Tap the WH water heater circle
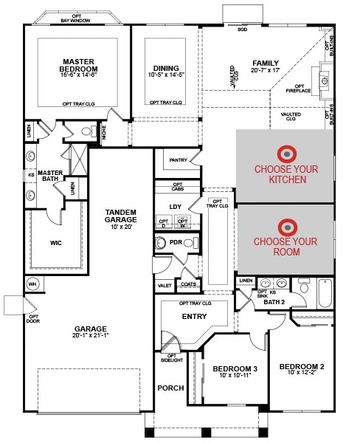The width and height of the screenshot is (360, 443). tap(32, 284)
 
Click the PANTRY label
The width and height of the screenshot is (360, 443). tap(178, 159)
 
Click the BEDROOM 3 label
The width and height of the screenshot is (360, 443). tap(235, 369)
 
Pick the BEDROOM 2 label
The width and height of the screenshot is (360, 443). tap(302, 366)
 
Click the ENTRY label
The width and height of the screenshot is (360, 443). tap(194, 317)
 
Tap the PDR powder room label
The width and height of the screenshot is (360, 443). tap(176, 242)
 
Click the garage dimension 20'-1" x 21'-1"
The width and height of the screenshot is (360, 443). tap(90, 336)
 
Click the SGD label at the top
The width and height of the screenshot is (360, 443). tap(242, 30)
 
